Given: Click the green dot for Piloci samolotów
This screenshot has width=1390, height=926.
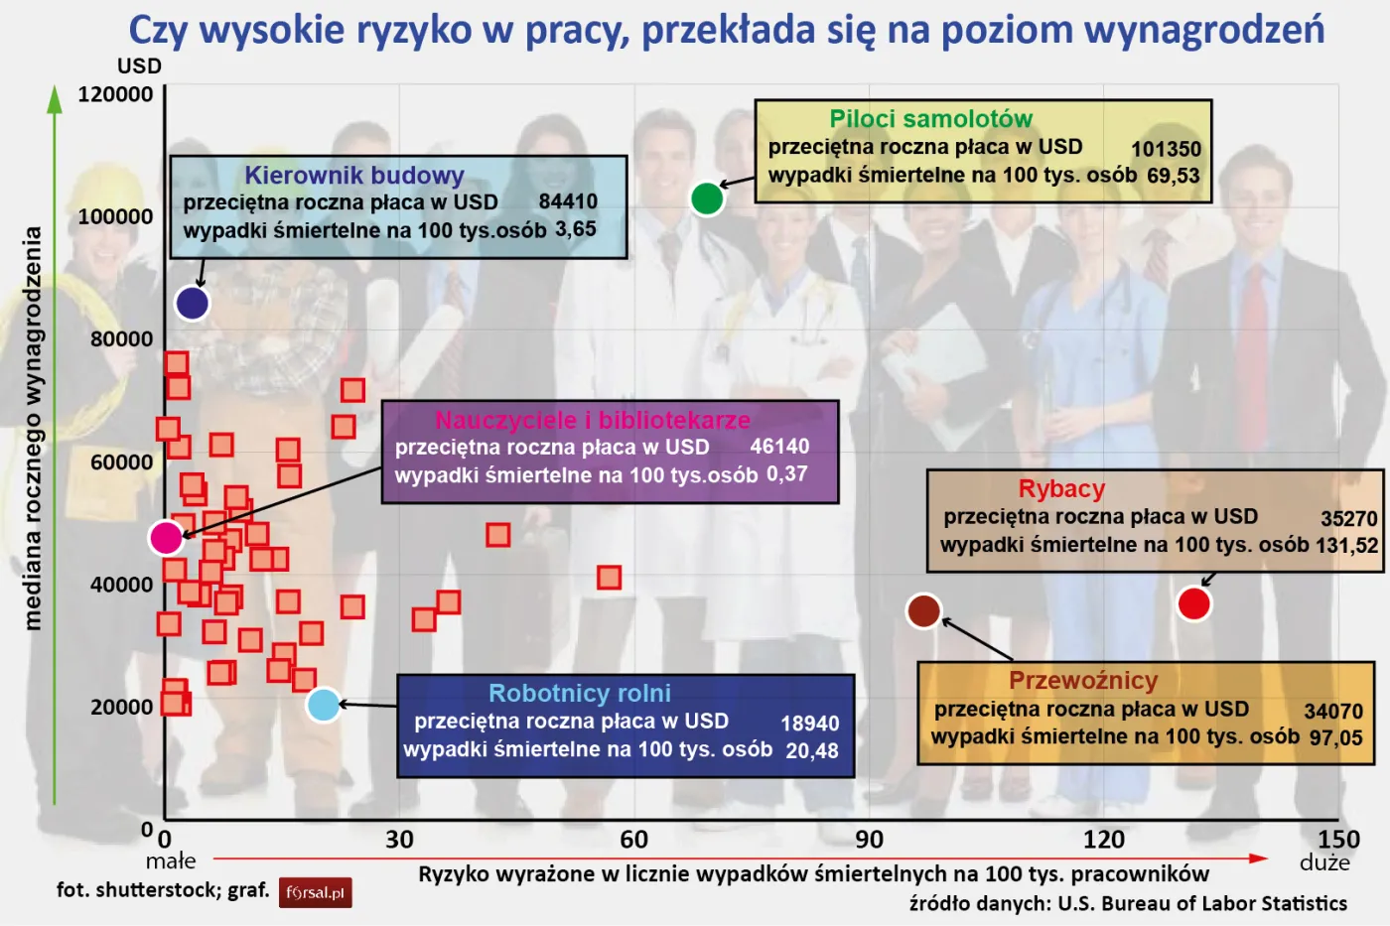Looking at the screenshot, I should (706, 198).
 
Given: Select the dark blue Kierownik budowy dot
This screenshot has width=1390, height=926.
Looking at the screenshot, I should (192, 303).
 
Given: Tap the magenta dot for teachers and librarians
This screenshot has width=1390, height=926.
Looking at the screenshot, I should (166, 537).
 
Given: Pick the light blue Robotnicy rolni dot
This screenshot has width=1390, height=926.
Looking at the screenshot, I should (324, 705).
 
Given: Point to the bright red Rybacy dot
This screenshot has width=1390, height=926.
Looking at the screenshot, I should (1193, 602).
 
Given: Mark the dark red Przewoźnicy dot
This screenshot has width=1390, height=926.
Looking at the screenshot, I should (923, 610).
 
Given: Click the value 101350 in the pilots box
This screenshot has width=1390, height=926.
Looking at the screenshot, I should (1166, 149).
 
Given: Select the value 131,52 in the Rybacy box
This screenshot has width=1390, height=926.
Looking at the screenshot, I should (1346, 545).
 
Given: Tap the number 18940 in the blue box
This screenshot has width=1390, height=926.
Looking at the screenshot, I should (809, 724).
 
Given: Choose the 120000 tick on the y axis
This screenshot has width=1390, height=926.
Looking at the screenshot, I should (115, 94).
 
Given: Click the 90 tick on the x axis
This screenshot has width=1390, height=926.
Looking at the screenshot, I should (869, 840).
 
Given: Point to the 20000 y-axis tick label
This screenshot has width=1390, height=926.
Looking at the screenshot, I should (121, 707).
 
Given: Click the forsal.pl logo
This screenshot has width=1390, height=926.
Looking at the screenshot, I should (315, 892).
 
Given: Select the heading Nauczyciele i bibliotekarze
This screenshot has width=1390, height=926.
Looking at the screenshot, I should (592, 420).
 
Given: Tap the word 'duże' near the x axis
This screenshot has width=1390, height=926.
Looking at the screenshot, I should (1324, 862).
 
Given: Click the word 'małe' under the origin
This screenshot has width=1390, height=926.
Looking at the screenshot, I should (171, 860).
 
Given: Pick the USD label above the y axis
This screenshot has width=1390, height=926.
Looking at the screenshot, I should (139, 66).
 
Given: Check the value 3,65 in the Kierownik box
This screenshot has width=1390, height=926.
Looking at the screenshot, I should (575, 229).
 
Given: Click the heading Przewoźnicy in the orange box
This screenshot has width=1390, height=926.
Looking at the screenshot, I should (1083, 681).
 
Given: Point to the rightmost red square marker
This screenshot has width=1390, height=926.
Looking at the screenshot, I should (609, 577).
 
